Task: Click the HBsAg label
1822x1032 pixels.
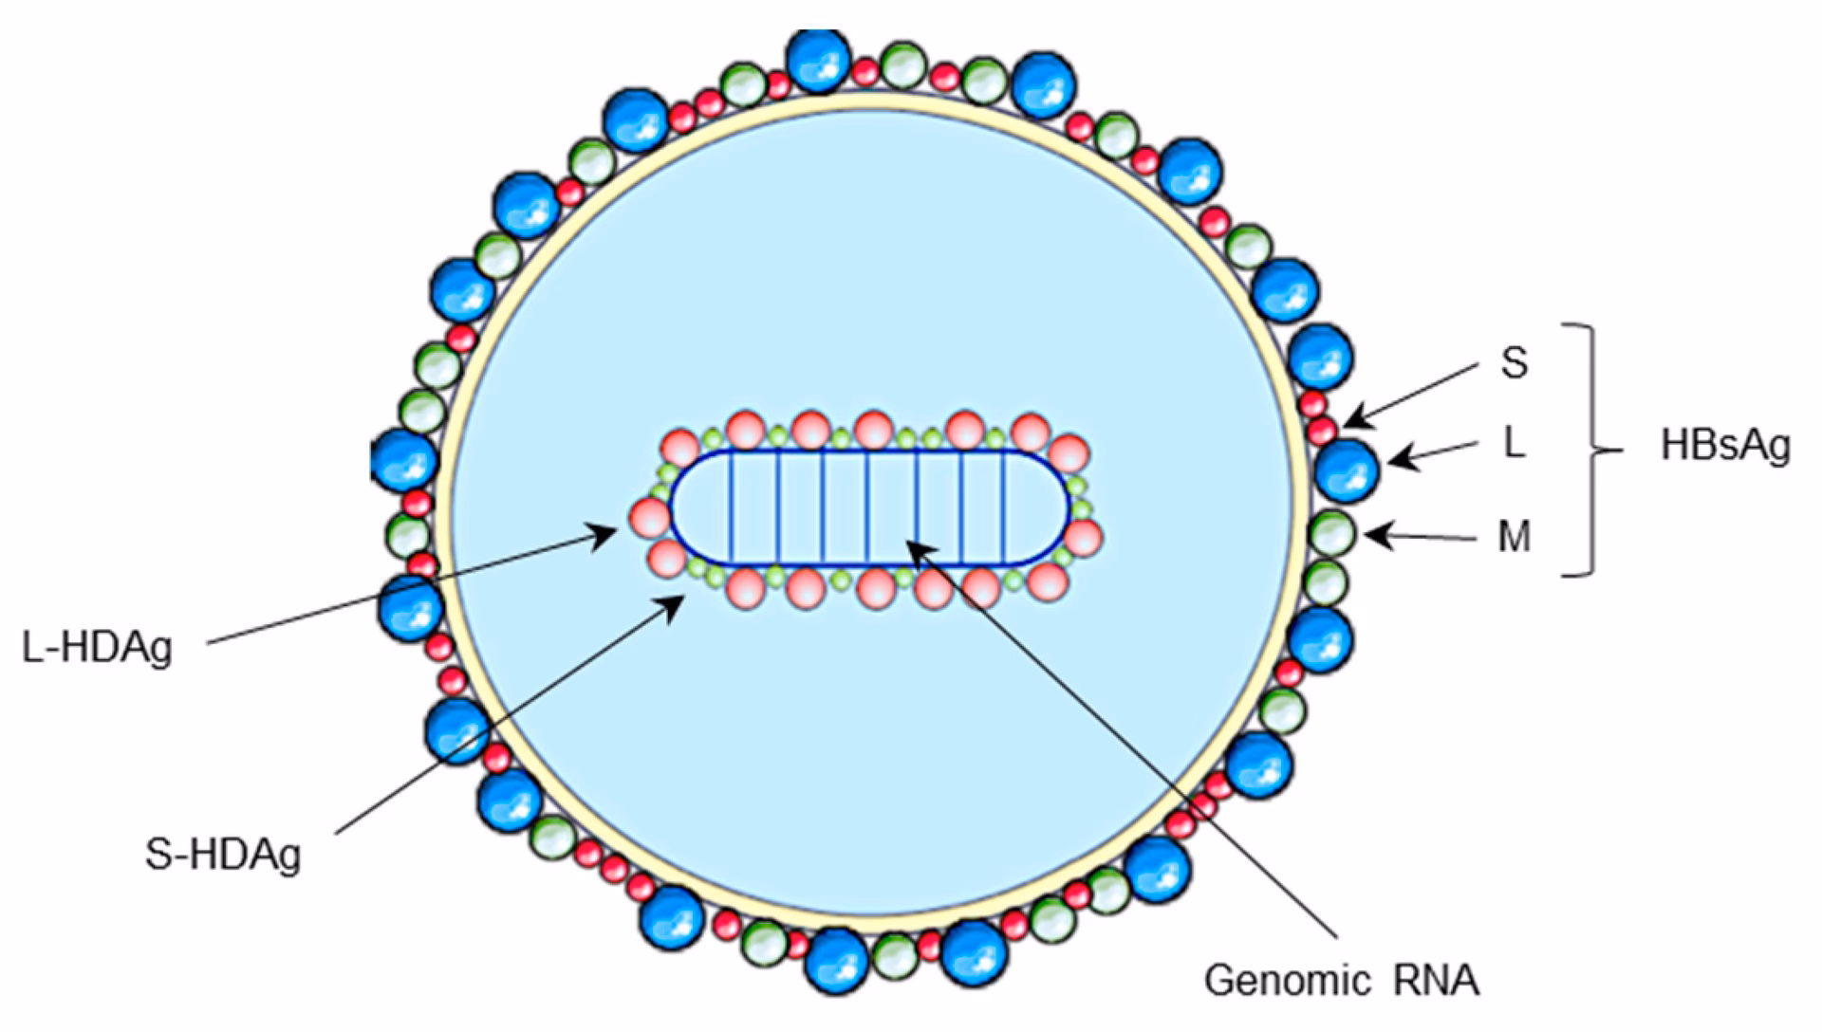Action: [1725, 446]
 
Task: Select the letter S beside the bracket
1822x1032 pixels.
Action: [1515, 362]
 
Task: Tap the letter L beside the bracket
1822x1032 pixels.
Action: [1515, 443]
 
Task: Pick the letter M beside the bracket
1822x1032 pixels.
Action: [1515, 538]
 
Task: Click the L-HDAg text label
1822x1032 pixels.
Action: [98, 649]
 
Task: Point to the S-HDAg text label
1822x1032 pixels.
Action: [224, 855]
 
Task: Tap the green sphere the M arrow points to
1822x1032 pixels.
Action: [1332, 533]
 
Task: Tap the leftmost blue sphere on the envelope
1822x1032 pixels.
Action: [404, 460]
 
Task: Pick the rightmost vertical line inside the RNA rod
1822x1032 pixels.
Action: [1004, 507]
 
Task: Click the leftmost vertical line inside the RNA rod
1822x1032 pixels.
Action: [731, 507]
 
